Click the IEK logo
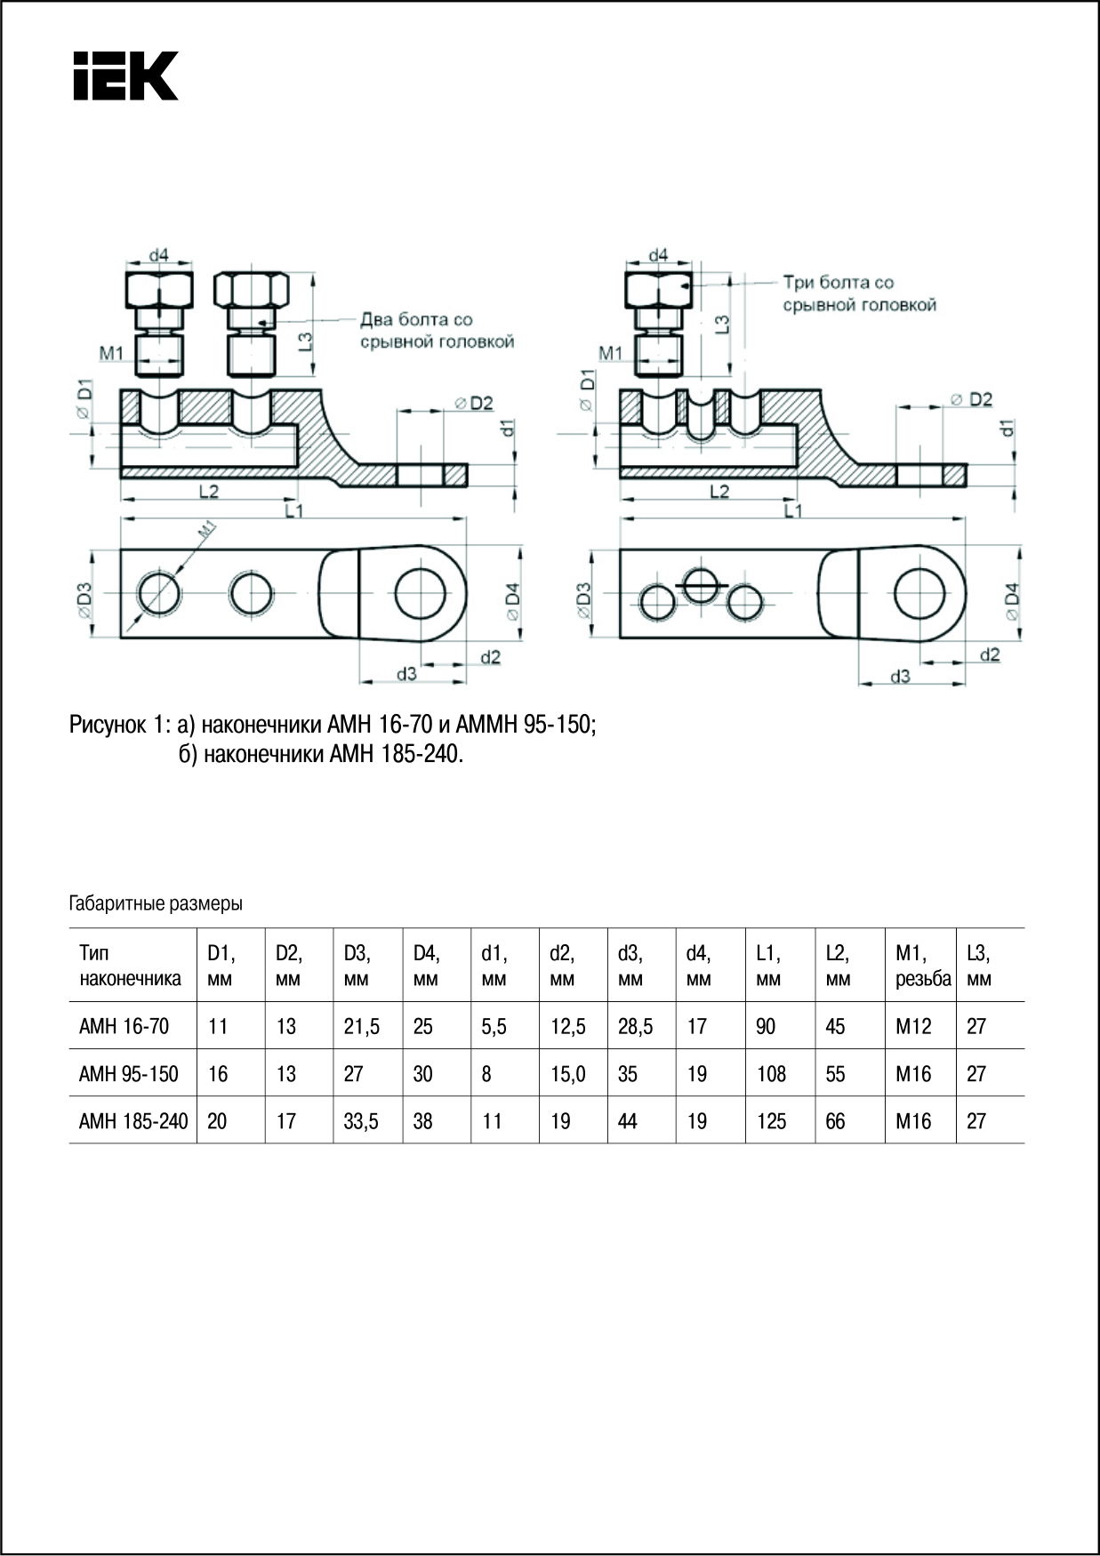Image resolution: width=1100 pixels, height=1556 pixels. tap(125, 76)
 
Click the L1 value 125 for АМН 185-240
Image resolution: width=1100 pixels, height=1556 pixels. tap(771, 1121)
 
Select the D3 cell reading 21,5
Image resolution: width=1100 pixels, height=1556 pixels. tap(361, 1026)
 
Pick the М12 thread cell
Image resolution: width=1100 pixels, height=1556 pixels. tap(913, 1026)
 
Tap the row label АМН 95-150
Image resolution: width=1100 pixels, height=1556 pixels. tap(128, 1074)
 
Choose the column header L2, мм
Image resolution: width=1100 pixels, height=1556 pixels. tap(838, 966)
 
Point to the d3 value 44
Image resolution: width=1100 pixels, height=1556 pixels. tap(628, 1121)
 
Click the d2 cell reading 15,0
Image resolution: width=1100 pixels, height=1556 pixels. tap(567, 1074)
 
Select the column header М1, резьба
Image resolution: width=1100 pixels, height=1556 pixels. tap(922, 966)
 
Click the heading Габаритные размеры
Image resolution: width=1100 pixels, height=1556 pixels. tap(156, 904)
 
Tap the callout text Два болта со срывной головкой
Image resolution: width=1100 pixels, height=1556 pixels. tap(437, 330)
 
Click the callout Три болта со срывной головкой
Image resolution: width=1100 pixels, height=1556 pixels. tap(859, 293)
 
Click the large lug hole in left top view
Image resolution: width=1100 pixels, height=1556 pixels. tap(420, 594)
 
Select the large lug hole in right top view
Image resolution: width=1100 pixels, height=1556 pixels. tap(919, 594)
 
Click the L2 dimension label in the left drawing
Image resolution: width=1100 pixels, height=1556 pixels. tap(209, 491)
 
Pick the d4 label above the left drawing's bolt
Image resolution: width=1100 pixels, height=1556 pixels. tap(158, 255)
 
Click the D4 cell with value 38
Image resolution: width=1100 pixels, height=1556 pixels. tap(422, 1121)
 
